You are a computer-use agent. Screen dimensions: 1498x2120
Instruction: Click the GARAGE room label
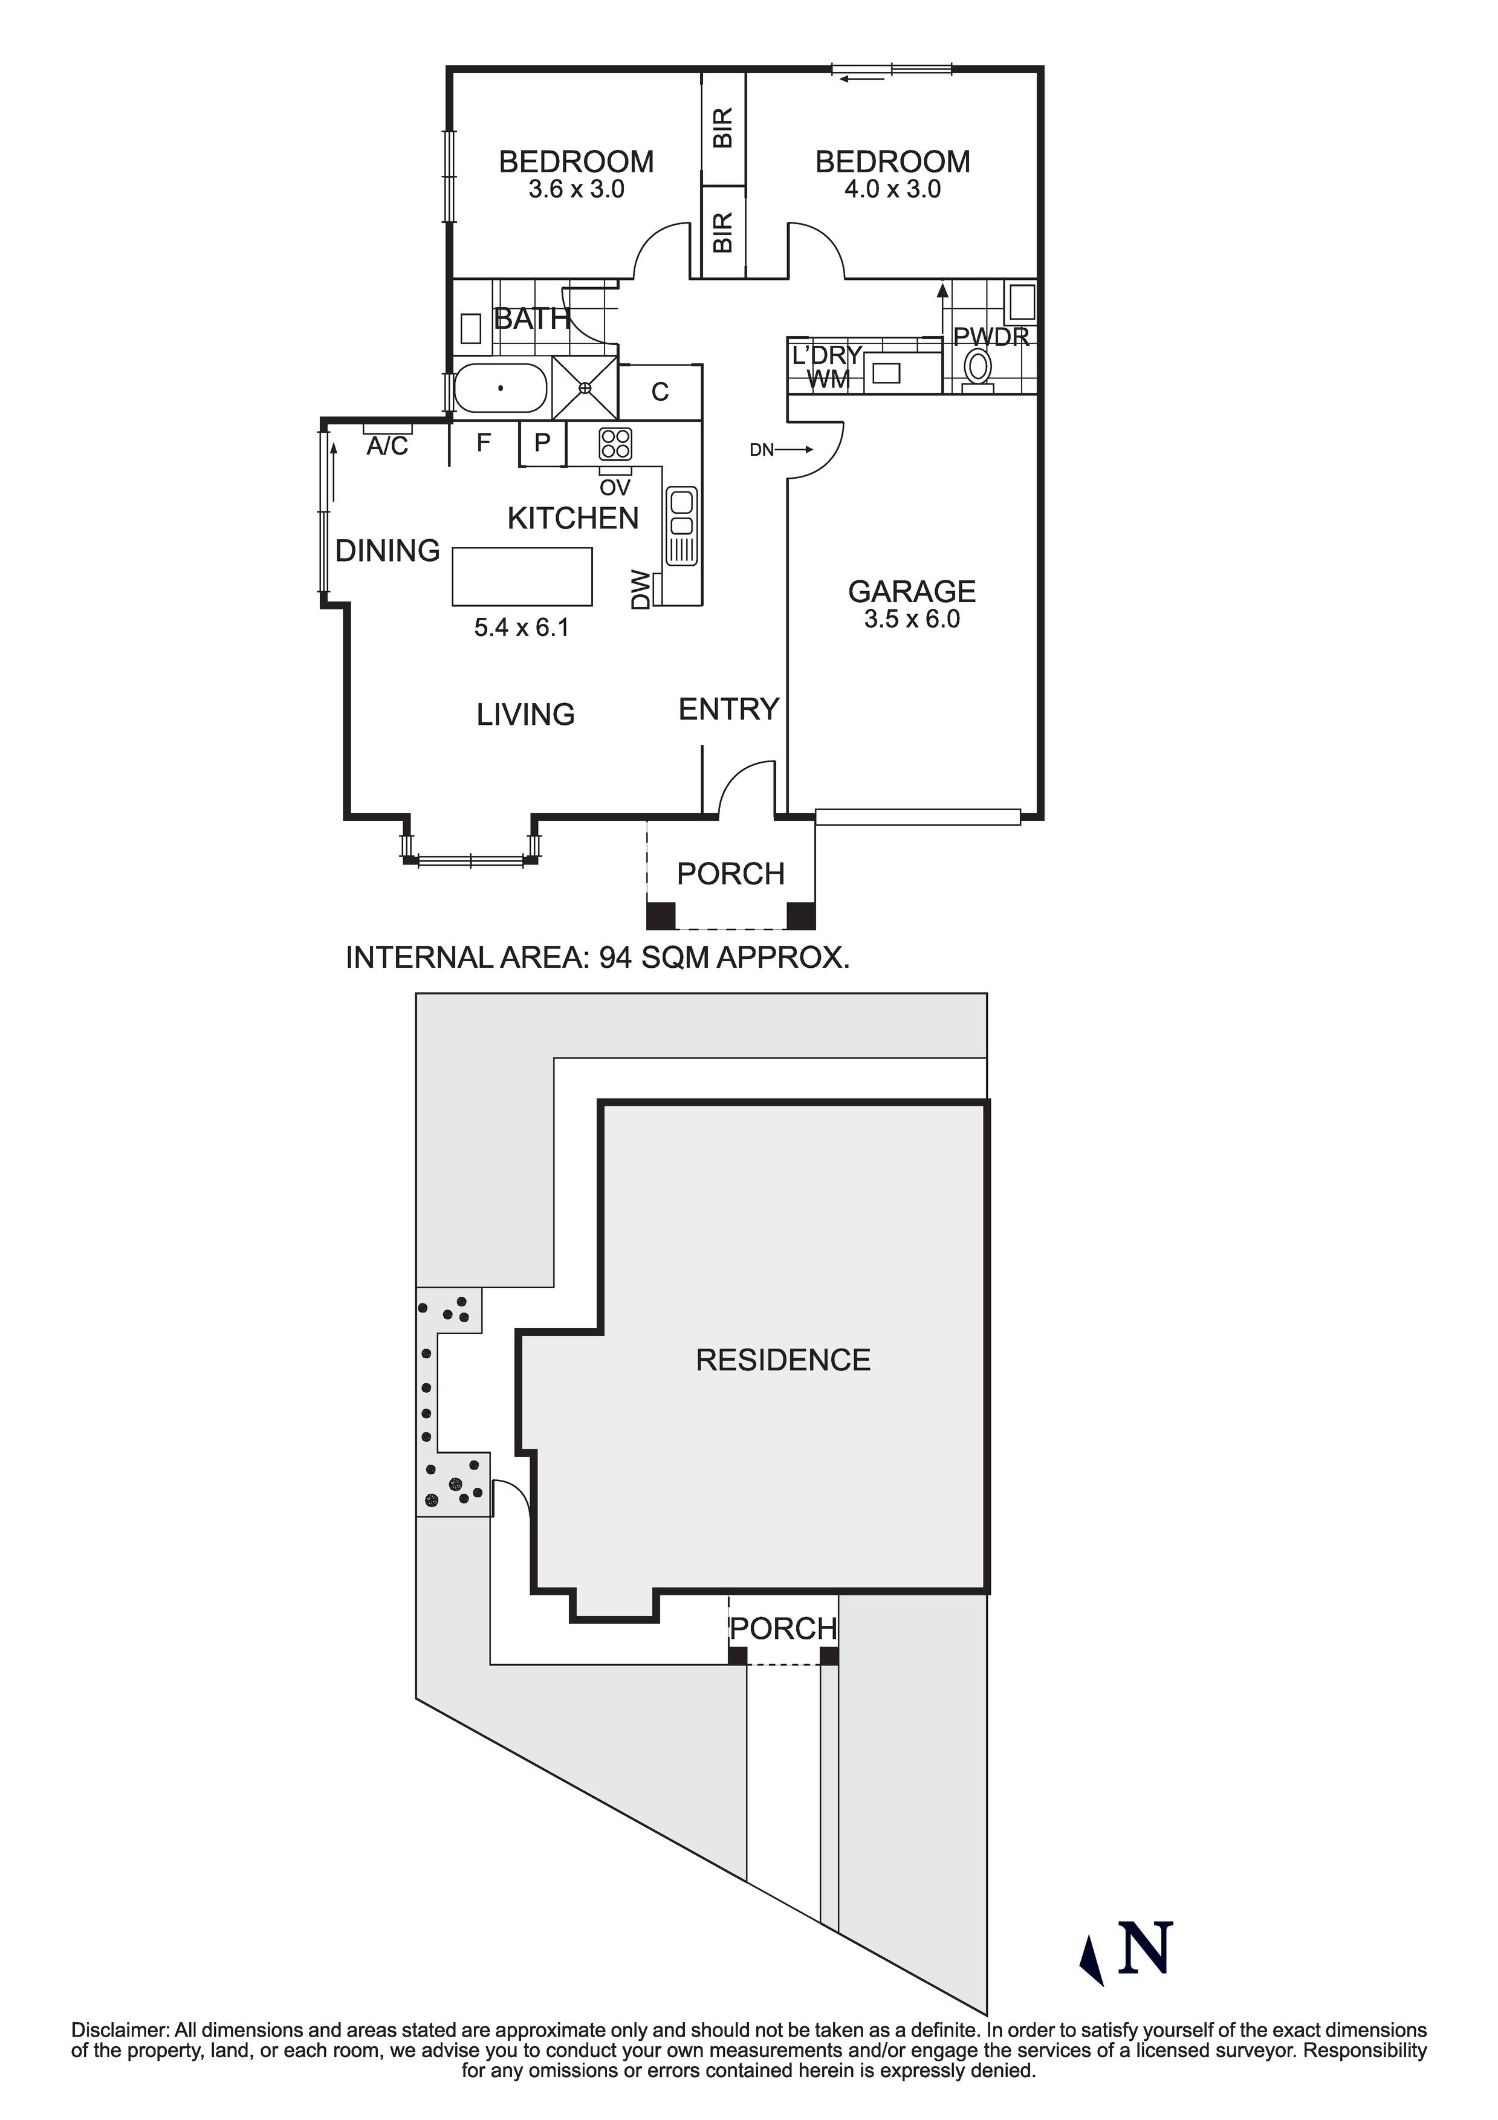912,591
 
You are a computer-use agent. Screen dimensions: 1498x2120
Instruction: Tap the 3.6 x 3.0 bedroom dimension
576,189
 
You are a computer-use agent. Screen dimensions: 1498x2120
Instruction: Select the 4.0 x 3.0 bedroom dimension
892,189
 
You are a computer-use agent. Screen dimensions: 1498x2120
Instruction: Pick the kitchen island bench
522,576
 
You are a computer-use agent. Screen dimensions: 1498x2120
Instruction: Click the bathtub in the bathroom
500,388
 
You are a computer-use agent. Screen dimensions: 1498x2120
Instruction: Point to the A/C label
387,447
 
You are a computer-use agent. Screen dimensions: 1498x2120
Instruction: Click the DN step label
762,450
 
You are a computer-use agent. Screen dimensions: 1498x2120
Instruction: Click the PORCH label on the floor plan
730,874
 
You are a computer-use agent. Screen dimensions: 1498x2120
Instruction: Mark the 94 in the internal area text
616,958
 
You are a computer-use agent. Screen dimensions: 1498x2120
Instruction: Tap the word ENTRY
728,709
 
